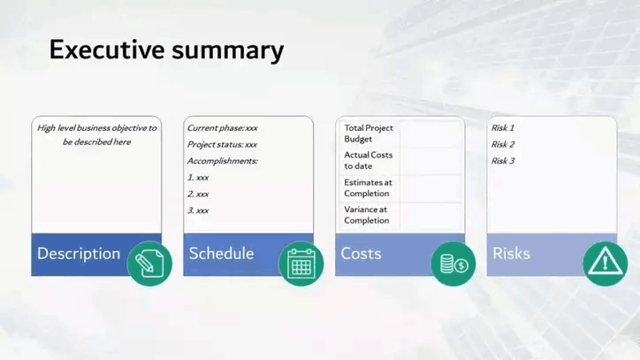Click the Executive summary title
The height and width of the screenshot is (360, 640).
[x=166, y=50]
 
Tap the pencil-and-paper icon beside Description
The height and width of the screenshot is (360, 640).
[x=149, y=264]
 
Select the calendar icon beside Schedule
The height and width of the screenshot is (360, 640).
[x=301, y=264]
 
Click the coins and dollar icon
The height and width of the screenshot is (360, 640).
[x=453, y=264]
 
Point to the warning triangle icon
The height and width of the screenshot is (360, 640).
[x=606, y=264]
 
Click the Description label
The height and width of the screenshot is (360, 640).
[x=79, y=253]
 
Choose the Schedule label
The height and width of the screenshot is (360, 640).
[x=221, y=253]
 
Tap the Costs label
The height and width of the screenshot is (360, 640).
[x=362, y=253]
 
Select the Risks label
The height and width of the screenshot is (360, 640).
[x=512, y=253]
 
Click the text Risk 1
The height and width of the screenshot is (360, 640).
[x=503, y=128]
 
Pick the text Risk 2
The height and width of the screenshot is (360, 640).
[x=503, y=144]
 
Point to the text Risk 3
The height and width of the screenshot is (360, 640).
[x=503, y=161]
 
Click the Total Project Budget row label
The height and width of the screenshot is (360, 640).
[x=369, y=134]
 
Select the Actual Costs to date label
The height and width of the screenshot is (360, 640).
[x=368, y=160]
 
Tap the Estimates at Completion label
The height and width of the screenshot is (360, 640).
[x=368, y=188]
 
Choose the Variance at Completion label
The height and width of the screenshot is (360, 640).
[x=367, y=215]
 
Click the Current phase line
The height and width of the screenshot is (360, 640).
[x=223, y=128]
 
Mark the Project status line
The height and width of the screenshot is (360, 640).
[x=223, y=144]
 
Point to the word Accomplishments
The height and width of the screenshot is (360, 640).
[x=223, y=161]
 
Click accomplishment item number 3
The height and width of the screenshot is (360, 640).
[x=198, y=211]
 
